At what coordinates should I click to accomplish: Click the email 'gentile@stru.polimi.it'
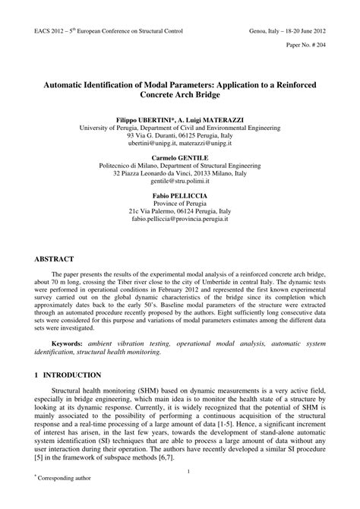coord(179,183)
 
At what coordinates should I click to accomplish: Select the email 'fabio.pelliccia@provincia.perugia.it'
coord(179,220)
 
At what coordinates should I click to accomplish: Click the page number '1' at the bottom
coord(179,472)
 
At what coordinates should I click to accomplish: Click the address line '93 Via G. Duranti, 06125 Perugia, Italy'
coord(179,138)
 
